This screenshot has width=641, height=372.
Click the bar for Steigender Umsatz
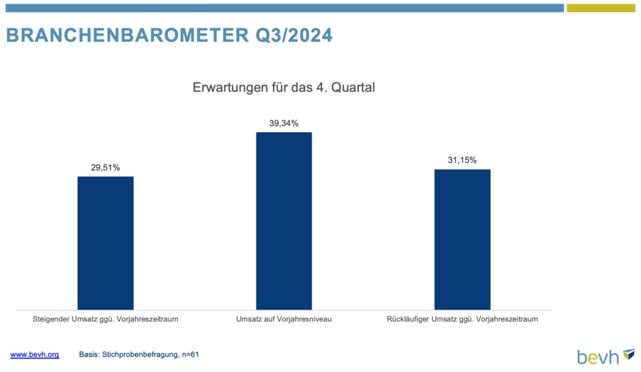click(x=106, y=243)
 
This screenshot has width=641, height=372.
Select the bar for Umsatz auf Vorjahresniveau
click(x=284, y=221)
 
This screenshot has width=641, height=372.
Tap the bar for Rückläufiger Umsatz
click(x=462, y=239)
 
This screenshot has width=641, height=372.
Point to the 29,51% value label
click(x=106, y=168)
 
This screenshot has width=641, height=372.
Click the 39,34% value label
click(x=284, y=123)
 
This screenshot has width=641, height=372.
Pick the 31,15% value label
click(x=462, y=160)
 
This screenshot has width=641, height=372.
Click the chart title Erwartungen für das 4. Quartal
click(x=284, y=88)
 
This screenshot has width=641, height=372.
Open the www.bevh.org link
click(x=35, y=355)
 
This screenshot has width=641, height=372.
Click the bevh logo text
click(x=598, y=357)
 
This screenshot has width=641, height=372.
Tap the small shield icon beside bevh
click(x=629, y=354)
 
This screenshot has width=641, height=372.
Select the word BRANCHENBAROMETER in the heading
click(x=127, y=35)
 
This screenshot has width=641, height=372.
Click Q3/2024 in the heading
click(x=294, y=35)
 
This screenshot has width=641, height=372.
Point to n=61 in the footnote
click(x=191, y=355)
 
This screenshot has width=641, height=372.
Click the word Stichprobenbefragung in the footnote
click(x=140, y=355)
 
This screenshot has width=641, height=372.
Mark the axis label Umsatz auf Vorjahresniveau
click(x=284, y=318)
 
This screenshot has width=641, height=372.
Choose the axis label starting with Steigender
click(x=106, y=319)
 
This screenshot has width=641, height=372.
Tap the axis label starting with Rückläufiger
click(x=462, y=319)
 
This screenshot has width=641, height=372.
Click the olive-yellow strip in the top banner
click(x=601, y=8)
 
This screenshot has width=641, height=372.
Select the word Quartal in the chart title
click(x=353, y=88)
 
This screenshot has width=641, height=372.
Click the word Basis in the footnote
click(x=89, y=355)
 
